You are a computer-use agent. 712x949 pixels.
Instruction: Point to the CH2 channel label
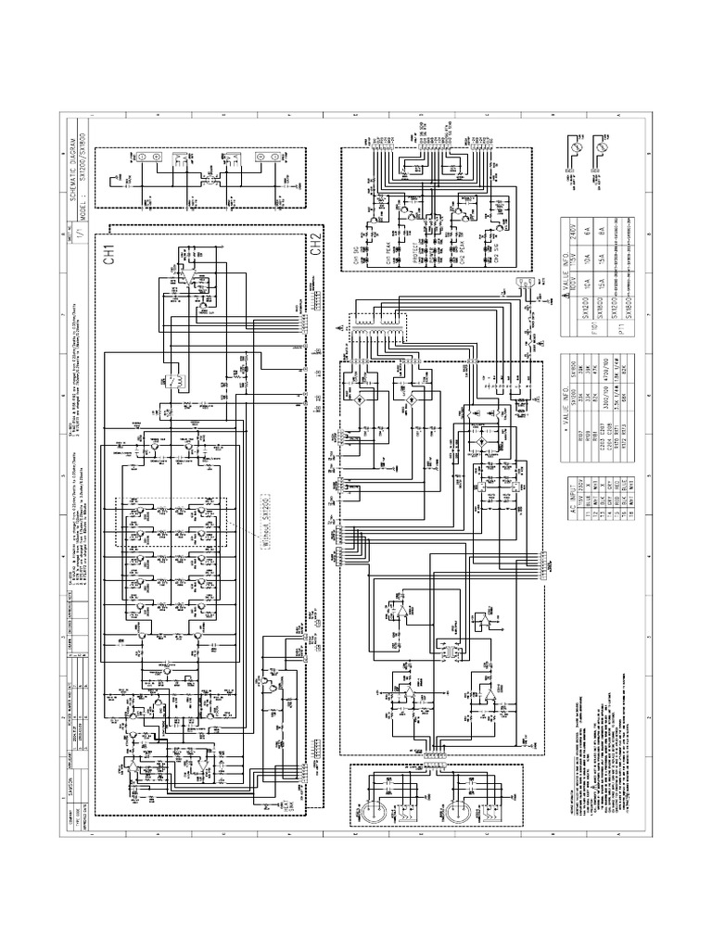(x=316, y=246)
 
